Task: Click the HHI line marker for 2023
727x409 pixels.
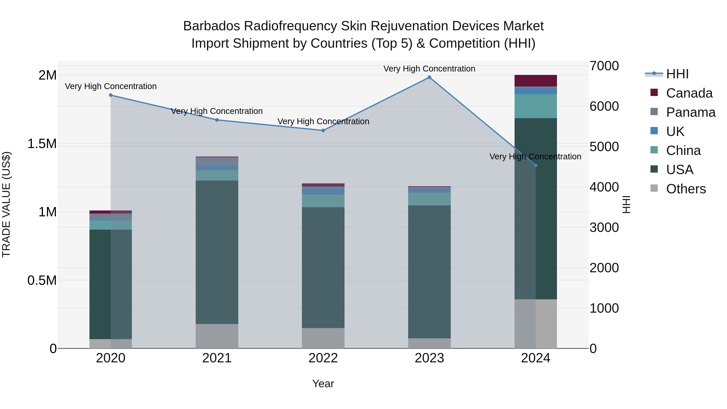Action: [x=429, y=77]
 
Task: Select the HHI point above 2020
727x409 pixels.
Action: [x=111, y=95]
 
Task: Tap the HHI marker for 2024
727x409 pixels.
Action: [x=536, y=165]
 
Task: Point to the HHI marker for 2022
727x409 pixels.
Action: [x=323, y=130]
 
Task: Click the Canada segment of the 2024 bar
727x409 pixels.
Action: [x=535, y=81]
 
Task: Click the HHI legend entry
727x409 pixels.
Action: [x=677, y=74]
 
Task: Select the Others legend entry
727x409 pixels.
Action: [x=686, y=189]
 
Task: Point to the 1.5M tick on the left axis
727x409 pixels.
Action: [x=42, y=144]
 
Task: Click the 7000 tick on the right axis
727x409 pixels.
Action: [x=604, y=66]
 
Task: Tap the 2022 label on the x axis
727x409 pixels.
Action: [x=323, y=358]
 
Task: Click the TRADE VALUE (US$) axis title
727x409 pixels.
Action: [x=6, y=204]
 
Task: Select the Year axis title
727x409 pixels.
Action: [x=323, y=384]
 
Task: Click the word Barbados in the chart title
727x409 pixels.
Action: [x=211, y=26]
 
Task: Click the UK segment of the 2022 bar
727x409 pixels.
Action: [x=323, y=191]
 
